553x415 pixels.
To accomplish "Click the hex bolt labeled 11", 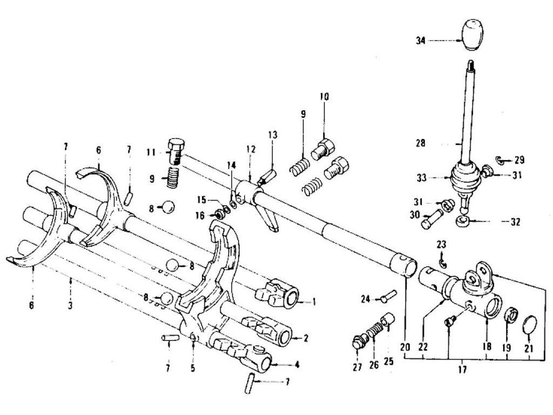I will click(x=176, y=151).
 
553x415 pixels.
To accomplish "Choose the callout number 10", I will click(x=323, y=97).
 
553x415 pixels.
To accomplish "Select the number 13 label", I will click(x=273, y=135).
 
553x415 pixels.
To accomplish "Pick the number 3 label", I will click(x=71, y=304).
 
